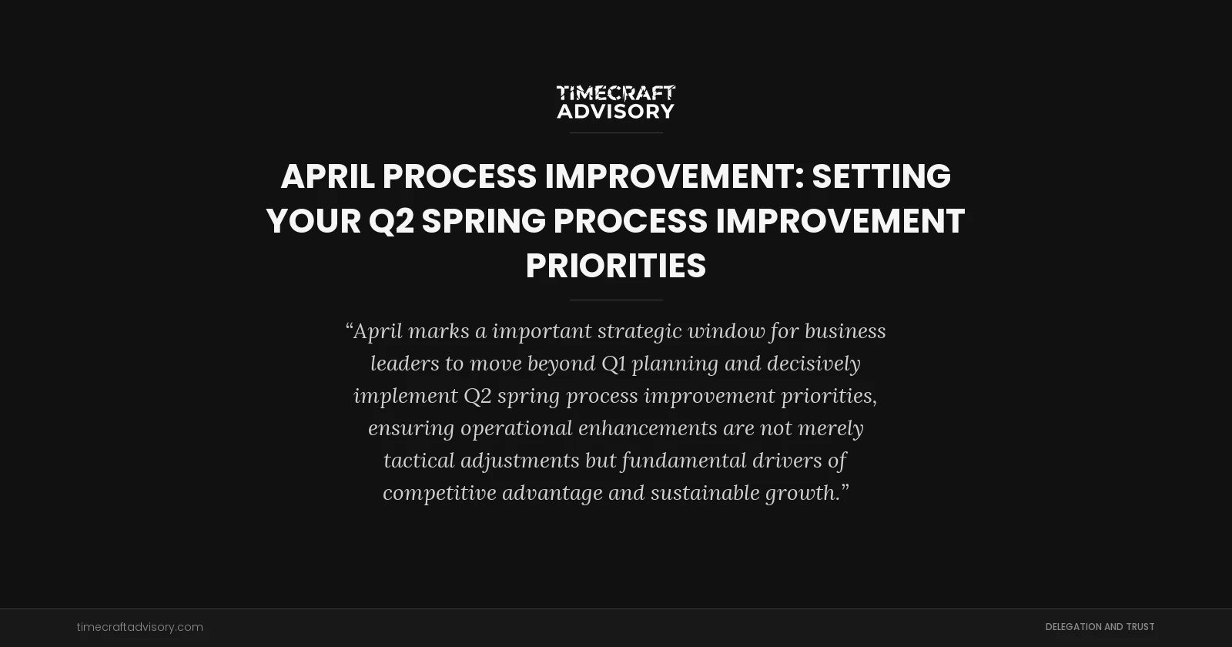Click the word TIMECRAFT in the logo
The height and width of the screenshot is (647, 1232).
pos(615,93)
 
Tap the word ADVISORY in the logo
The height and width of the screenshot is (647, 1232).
pos(615,112)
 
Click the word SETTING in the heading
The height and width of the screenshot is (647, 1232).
pos(881,176)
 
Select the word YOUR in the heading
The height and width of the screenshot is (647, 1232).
pos(313,221)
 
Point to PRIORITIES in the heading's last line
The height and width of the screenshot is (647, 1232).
pos(615,266)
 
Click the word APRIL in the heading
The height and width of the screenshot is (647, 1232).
pos(327,176)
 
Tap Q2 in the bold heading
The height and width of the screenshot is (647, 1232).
pos(391,221)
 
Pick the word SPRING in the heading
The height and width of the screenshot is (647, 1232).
pos(484,221)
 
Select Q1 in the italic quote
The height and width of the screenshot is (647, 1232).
pos(614,364)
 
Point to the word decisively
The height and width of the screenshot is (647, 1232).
pos(813,364)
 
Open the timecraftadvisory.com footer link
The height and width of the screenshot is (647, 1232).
pos(140,627)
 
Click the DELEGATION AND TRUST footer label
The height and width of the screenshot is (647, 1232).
pos(1100,627)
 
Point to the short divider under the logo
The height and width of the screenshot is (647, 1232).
pos(615,132)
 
